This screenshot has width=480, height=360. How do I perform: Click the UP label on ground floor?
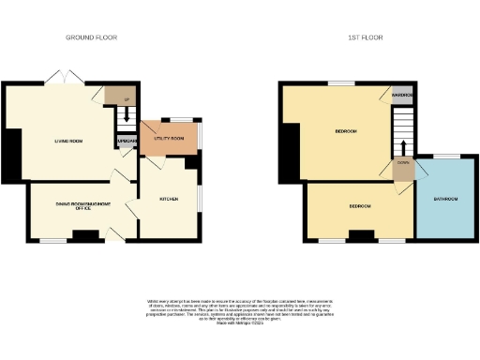126,97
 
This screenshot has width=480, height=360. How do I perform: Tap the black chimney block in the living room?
10,156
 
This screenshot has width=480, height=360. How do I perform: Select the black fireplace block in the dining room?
84,236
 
